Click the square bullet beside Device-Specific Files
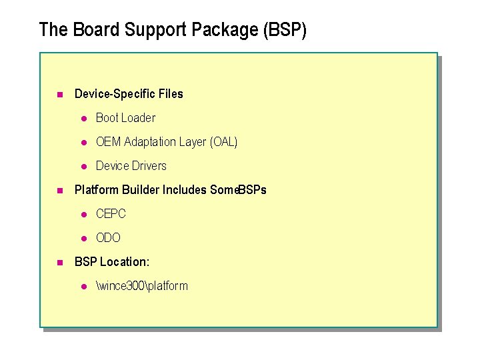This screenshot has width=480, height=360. (59, 95)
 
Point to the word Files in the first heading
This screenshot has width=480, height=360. (170, 94)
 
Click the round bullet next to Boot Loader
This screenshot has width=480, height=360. (84, 119)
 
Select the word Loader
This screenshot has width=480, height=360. (139, 118)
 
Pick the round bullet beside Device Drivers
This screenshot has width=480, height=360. (84, 167)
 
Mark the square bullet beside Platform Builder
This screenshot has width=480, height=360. (59, 191)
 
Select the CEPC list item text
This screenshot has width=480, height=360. (111, 214)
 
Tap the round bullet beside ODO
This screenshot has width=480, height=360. (84, 239)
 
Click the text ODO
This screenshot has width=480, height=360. (108, 238)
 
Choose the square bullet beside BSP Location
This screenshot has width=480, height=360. (59, 263)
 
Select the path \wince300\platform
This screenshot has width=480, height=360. (142, 286)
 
